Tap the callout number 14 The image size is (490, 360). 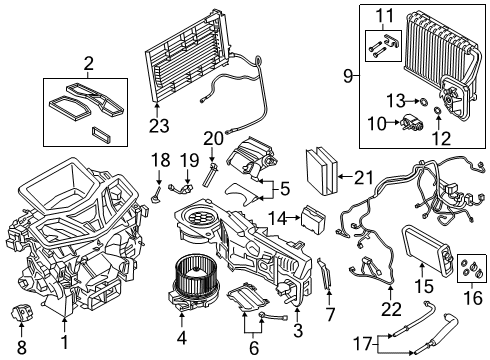[284, 215]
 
